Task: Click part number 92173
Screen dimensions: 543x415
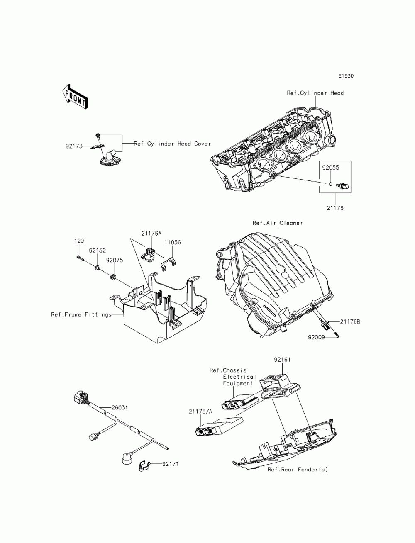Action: point(74,146)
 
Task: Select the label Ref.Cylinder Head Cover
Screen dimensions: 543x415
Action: point(172,144)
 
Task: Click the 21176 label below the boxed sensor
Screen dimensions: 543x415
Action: point(335,208)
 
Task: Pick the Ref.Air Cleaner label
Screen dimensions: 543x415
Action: point(278,223)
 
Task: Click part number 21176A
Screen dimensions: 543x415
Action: point(151,234)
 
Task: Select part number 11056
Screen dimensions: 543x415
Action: point(172,243)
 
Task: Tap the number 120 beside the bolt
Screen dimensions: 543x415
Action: point(79,241)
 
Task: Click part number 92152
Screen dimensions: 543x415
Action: point(97,251)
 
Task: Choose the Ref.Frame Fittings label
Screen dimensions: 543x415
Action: point(81,314)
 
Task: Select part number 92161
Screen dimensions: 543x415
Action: point(282,360)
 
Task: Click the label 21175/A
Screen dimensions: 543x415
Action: point(200,411)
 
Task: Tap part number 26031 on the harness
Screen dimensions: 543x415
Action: point(119,407)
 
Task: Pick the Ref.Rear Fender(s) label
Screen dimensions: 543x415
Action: point(298,470)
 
